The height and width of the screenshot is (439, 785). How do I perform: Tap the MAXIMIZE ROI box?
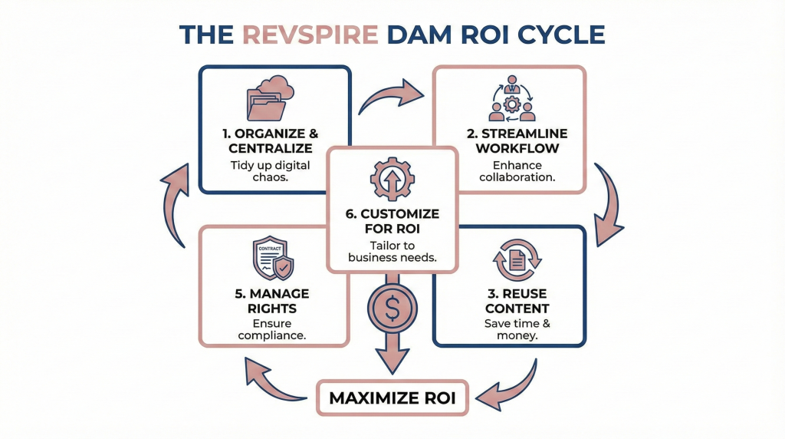coord(392,398)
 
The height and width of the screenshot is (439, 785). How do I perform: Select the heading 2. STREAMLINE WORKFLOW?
coord(510,140)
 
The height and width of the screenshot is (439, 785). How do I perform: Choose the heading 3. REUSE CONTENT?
coord(513,301)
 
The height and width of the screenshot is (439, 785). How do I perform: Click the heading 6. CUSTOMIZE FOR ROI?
coord(392,220)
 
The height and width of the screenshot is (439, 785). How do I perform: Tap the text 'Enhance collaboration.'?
coord(510,172)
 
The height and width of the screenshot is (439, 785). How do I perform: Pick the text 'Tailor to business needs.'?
coord(392,251)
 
